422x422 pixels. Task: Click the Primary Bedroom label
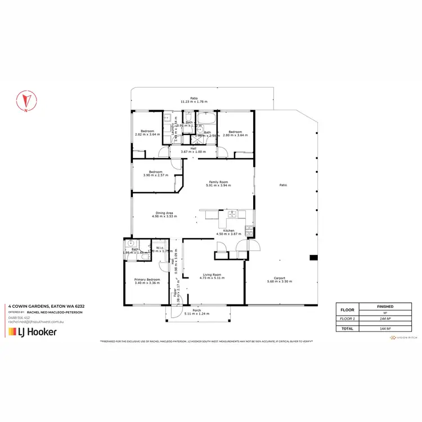click(x=147, y=279)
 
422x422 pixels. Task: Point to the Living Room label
click(x=213, y=275)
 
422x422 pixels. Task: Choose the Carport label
click(x=280, y=278)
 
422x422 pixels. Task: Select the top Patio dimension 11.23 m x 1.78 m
click(x=194, y=102)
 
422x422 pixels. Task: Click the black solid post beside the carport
click(x=312, y=258)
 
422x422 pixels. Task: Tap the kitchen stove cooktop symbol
click(x=248, y=230)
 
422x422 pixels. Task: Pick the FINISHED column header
click(x=385, y=307)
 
